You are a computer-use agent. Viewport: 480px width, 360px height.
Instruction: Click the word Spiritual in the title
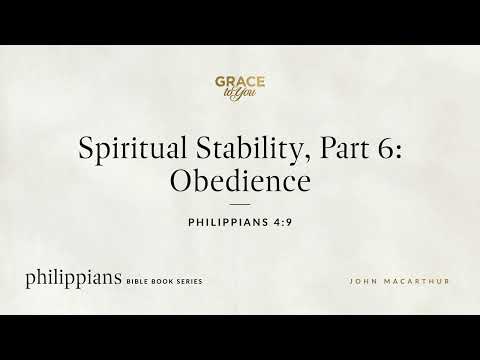[133, 149]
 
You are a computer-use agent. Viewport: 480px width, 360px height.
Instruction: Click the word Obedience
[240, 180]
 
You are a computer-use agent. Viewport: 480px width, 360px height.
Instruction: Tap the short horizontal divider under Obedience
[240, 204]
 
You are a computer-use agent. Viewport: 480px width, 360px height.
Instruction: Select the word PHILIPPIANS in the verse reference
[228, 222]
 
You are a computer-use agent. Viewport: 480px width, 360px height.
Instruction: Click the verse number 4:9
[283, 222]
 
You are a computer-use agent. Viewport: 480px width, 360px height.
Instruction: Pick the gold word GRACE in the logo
[240, 82]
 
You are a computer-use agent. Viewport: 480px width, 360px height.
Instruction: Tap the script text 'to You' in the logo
[240, 93]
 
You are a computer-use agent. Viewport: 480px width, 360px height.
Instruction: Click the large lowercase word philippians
[74, 279]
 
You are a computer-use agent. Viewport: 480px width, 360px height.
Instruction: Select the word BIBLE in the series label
[137, 282]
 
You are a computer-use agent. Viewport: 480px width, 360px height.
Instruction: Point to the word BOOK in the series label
[163, 282]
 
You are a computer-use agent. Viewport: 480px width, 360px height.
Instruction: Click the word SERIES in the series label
[190, 282]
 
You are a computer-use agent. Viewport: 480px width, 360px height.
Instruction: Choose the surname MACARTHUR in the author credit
[417, 282]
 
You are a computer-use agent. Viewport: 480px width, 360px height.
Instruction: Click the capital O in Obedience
[181, 180]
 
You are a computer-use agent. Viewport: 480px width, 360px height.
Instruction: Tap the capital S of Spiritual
[85, 148]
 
